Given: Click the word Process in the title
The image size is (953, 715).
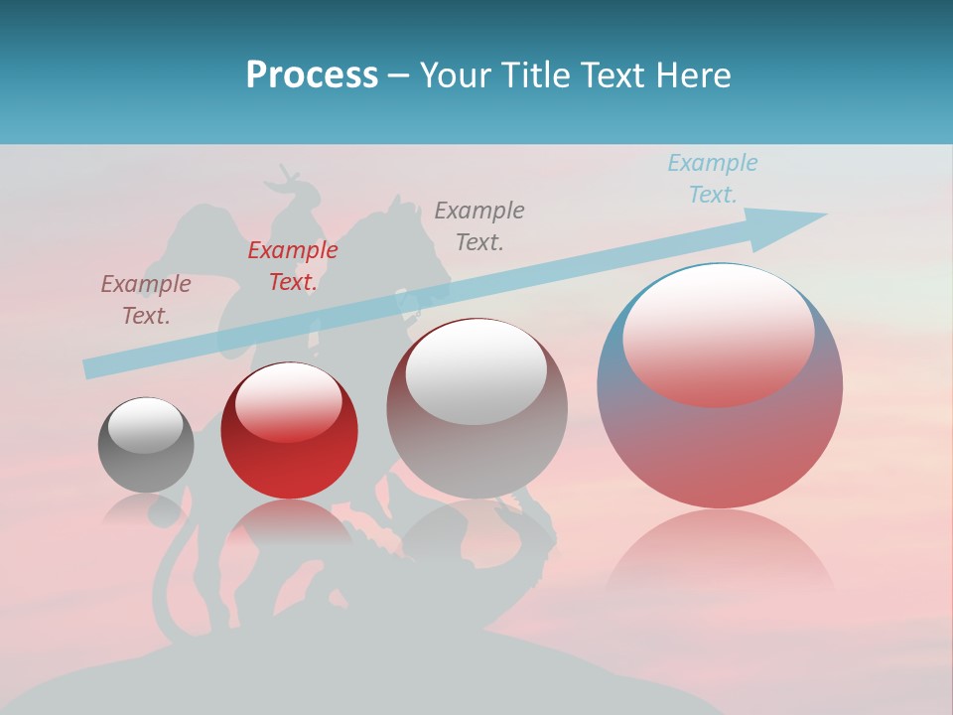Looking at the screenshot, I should click(x=312, y=75).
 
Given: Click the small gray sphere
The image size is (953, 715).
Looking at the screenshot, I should click(x=146, y=445).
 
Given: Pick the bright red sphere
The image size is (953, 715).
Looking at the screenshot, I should click(x=289, y=431).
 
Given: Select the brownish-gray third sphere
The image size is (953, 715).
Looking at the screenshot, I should click(x=476, y=409).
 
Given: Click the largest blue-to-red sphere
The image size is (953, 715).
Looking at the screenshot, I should click(x=720, y=386).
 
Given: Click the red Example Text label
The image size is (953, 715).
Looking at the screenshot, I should click(x=293, y=266).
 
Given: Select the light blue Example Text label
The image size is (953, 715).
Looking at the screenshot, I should click(x=713, y=179).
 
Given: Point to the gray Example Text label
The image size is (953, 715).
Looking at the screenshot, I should click(x=479, y=225).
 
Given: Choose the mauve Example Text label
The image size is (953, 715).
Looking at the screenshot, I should click(x=146, y=300).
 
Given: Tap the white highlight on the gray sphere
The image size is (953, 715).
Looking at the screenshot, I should click(x=145, y=425).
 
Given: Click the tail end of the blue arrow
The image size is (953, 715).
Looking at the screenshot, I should click(x=91, y=368).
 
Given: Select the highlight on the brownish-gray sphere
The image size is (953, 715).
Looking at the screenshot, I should click(x=476, y=371).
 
